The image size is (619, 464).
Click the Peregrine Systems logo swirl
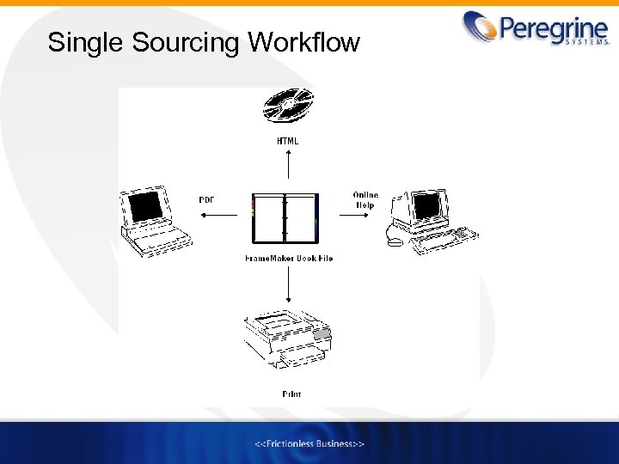(480, 27)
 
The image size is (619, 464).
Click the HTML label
(288, 140)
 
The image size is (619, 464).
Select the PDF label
(207, 199)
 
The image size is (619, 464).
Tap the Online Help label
(365, 200)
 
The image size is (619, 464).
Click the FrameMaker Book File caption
(288, 258)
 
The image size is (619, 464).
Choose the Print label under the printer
(291, 394)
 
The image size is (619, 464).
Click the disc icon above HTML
(289, 106)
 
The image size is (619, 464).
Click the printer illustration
(286, 340)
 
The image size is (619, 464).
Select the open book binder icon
(285, 218)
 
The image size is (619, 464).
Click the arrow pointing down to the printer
(288, 288)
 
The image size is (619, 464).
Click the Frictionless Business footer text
(309, 443)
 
